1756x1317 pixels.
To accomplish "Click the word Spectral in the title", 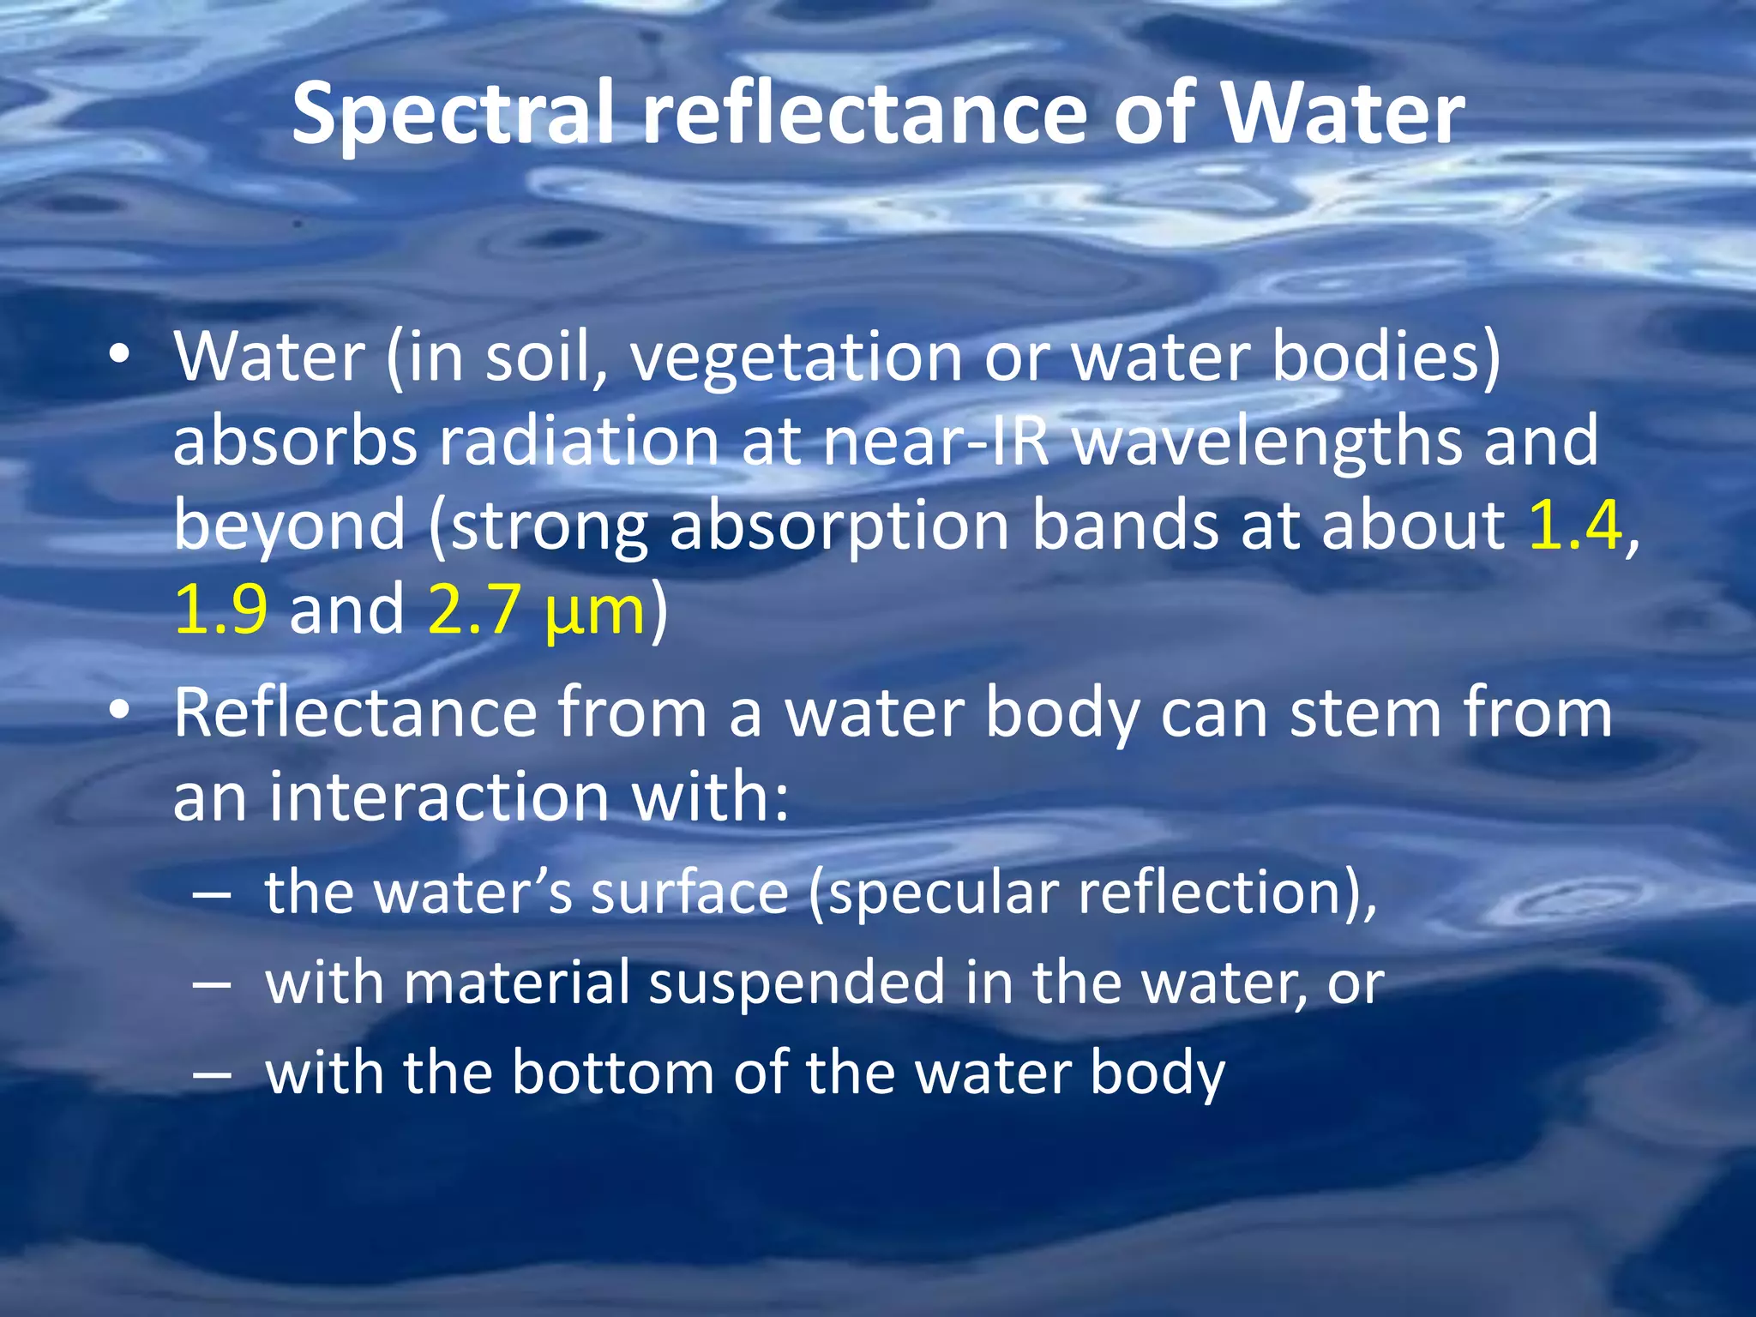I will click(x=454, y=114).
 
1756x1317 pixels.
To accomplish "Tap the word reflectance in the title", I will click(x=866, y=114).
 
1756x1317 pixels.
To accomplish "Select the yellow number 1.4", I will click(x=1575, y=525).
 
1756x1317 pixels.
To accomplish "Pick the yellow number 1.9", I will click(x=220, y=609).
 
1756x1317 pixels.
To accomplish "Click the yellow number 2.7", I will click(x=474, y=609).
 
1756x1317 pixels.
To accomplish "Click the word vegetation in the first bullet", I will click(x=797, y=357).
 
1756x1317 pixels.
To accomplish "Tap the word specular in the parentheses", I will click(x=944, y=893).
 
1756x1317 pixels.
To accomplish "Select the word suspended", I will click(x=797, y=983).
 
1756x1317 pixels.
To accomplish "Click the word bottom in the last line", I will click(x=612, y=1072).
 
